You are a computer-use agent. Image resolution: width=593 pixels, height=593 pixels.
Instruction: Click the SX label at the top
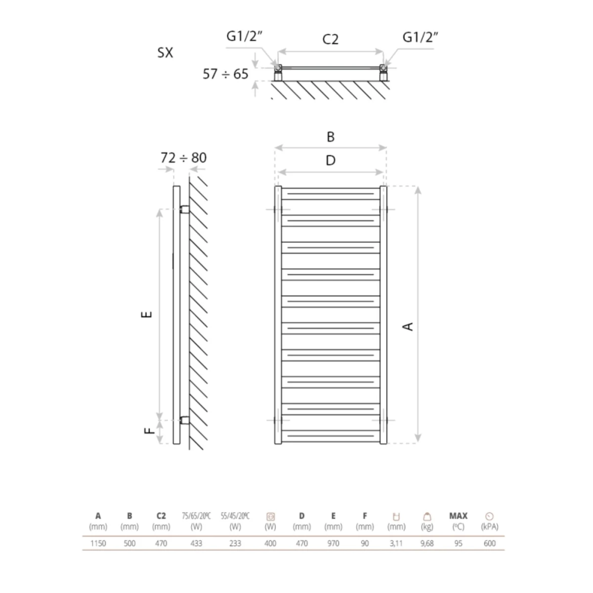pyautogui.click(x=165, y=52)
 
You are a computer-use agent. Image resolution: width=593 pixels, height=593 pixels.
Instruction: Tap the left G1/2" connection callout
pyautogui.click(x=244, y=37)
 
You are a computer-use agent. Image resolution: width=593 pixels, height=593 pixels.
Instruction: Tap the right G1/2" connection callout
pyautogui.click(x=420, y=37)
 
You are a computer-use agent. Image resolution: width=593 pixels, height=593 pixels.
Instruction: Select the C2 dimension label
pyautogui.click(x=330, y=39)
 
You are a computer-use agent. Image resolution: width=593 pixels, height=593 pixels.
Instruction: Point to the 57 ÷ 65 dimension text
pyautogui.click(x=225, y=74)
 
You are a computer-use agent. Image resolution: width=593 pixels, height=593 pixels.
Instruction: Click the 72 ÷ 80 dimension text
pyautogui.click(x=184, y=158)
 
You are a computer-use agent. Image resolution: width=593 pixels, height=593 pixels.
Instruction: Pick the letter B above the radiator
pyautogui.click(x=331, y=136)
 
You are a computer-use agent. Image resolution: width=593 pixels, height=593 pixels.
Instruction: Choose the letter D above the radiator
pyautogui.click(x=331, y=160)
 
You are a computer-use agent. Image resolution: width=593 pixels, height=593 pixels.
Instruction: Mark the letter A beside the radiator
pyautogui.click(x=408, y=326)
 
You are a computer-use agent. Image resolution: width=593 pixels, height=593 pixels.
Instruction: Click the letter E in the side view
pyautogui.click(x=148, y=314)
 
